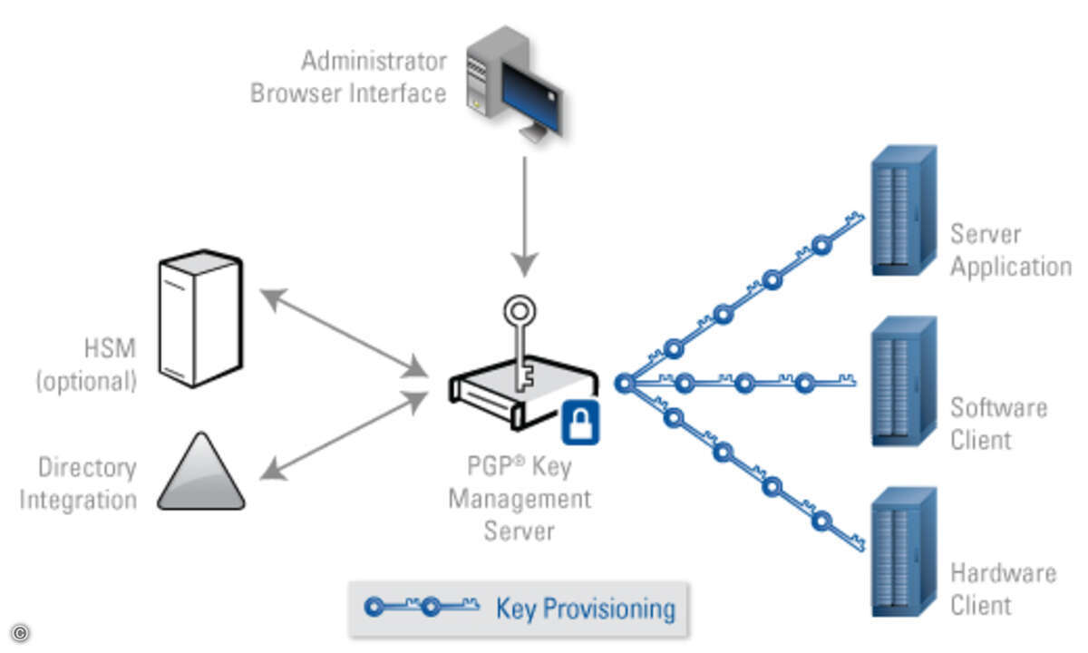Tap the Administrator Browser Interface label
click(349, 77)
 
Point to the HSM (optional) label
click(86, 364)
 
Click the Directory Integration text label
click(79, 483)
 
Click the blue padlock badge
click(580, 422)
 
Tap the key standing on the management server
click(520, 340)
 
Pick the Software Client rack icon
click(903, 382)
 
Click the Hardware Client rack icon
click(903, 553)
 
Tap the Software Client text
click(998, 424)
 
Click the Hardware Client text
click(1003, 589)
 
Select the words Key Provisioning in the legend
click(585, 609)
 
